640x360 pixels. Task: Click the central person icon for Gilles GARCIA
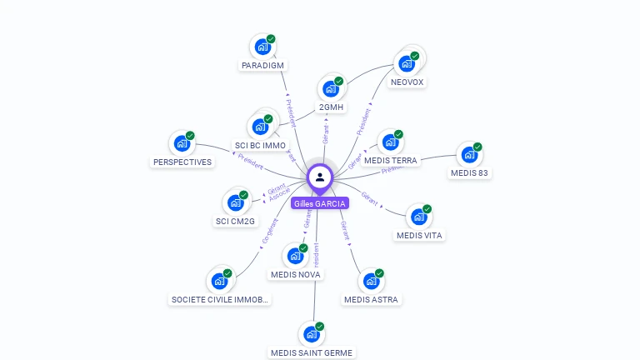[320, 177]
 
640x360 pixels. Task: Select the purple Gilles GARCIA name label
[320, 203]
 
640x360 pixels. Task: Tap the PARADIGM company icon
[262, 47]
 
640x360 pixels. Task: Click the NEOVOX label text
[407, 82]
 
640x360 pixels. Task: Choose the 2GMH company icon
[331, 89]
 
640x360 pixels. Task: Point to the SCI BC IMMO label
[260, 146]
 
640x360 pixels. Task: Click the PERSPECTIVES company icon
[182, 144]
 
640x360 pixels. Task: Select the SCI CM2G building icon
[237, 202]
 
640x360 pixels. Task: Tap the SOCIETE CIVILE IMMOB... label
[220, 299]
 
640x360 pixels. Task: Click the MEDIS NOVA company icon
[295, 257]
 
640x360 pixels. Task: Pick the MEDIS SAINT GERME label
[312, 352]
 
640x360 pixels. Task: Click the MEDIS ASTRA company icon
[371, 282]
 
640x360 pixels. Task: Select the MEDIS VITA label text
[420, 235]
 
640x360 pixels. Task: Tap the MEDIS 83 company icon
[469, 156]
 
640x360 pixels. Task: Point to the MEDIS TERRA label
[391, 161]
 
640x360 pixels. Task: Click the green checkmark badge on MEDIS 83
[477, 147]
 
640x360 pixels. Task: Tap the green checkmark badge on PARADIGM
[271, 39]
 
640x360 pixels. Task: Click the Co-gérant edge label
[269, 231]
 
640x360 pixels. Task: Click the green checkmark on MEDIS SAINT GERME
[320, 326]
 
